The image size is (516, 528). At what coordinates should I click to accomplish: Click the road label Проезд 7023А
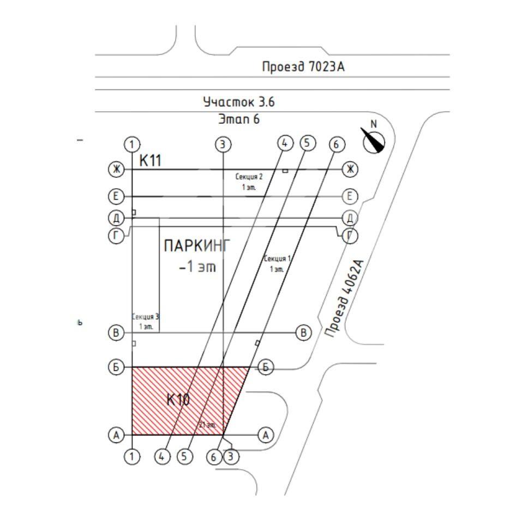304,67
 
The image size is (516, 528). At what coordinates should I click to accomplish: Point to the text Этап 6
239,119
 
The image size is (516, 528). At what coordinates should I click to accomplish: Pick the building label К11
151,160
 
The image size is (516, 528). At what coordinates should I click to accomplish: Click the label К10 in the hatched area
178,400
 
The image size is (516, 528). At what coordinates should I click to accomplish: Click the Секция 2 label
249,177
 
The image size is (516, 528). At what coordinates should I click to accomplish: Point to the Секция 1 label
277,258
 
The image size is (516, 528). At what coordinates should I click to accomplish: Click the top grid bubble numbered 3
223,145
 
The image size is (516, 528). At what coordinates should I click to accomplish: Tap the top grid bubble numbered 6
337,145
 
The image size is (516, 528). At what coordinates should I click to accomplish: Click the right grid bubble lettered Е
350,196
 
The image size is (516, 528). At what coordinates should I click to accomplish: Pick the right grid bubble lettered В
304,333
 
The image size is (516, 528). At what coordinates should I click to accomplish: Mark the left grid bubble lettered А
116,435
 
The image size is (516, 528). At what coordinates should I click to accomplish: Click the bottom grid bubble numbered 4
162,457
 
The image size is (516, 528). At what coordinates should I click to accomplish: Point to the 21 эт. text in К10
208,424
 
